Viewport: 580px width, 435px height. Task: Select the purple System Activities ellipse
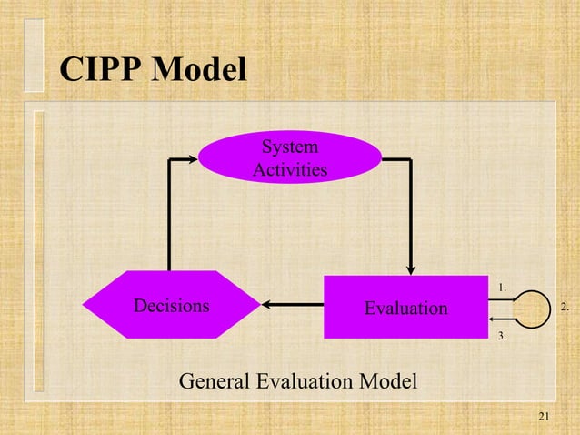pyautogui.click(x=289, y=157)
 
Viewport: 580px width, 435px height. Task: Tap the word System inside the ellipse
pyautogui.click(x=289, y=147)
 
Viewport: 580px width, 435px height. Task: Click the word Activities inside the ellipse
pyautogui.click(x=289, y=169)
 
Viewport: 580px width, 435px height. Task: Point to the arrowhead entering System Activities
pyautogui.click(x=192, y=159)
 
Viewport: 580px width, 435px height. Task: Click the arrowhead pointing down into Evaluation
pyautogui.click(x=411, y=268)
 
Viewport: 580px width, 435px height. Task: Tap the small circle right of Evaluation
pyautogui.click(x=531, y=308)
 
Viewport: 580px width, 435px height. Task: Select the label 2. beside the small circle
pyautogui.click(x=565, y=308)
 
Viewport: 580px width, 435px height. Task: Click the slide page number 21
pyautogui.click(x=545, y=417)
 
